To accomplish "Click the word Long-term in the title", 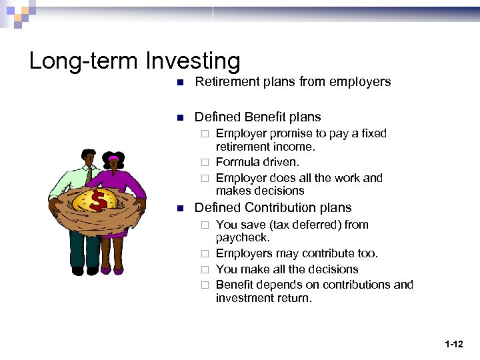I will coord(85,61).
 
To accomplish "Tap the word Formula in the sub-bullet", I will coord(237,162).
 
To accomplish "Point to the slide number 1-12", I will coord(453,344).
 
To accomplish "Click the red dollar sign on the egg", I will coord(97,201).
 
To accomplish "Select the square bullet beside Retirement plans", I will coord(179,83).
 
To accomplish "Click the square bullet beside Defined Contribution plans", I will coord(179,209).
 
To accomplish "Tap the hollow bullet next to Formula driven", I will coord(206,163).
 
